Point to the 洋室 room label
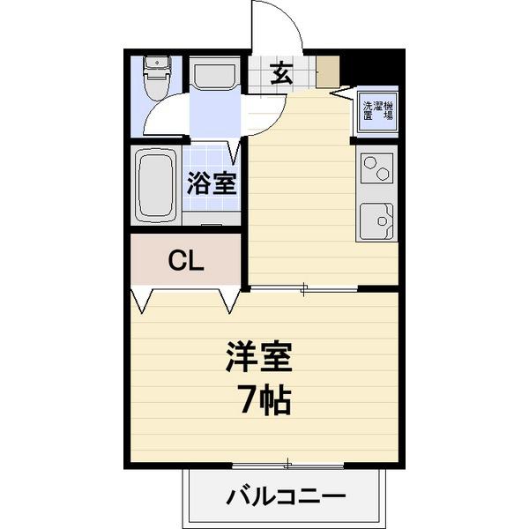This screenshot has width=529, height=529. pos(258,357)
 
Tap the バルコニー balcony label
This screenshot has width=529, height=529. pos(286,496)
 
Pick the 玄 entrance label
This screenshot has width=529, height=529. pos(281,74)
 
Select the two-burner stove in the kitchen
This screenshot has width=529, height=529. pos(377,168)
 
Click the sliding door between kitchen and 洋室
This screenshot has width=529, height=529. pos(303,287)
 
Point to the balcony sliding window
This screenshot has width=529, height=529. pos(287,465)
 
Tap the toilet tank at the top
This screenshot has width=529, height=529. pos(157,63)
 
